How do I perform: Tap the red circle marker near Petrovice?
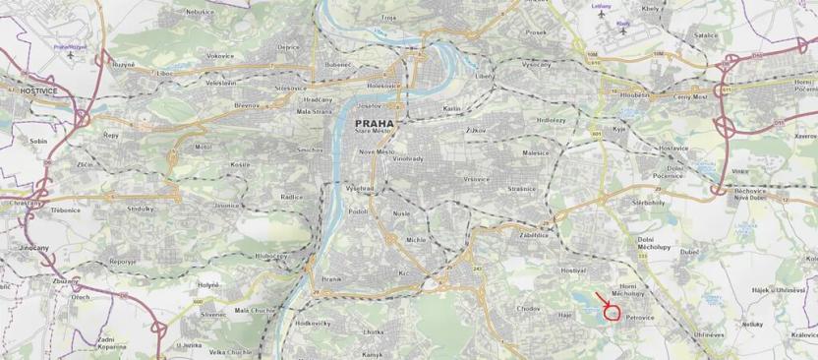click(x=613, y=314)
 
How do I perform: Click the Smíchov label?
click(x=311, y=150)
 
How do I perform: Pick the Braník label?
click(x=330, y=279)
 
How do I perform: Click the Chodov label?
click(x=529, y=308)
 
